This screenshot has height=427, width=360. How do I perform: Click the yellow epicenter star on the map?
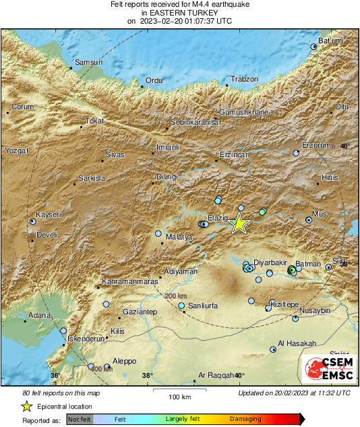(239, 223)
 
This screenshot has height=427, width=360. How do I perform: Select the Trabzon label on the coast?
(244, 80)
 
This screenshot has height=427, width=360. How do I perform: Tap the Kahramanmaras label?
(129, 281)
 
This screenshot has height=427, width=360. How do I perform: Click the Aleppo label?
(124, 361)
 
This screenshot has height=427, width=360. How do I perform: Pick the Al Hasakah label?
(297, 343)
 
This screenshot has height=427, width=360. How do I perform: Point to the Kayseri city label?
(49, 215)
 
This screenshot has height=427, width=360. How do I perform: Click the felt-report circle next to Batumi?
(313, 47)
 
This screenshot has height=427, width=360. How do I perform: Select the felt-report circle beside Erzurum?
(296, 154)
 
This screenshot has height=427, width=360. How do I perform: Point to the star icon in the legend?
(27, 406)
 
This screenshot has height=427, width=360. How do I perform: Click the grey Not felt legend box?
(79, 419)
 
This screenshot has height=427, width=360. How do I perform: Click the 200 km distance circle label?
(175, 296)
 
